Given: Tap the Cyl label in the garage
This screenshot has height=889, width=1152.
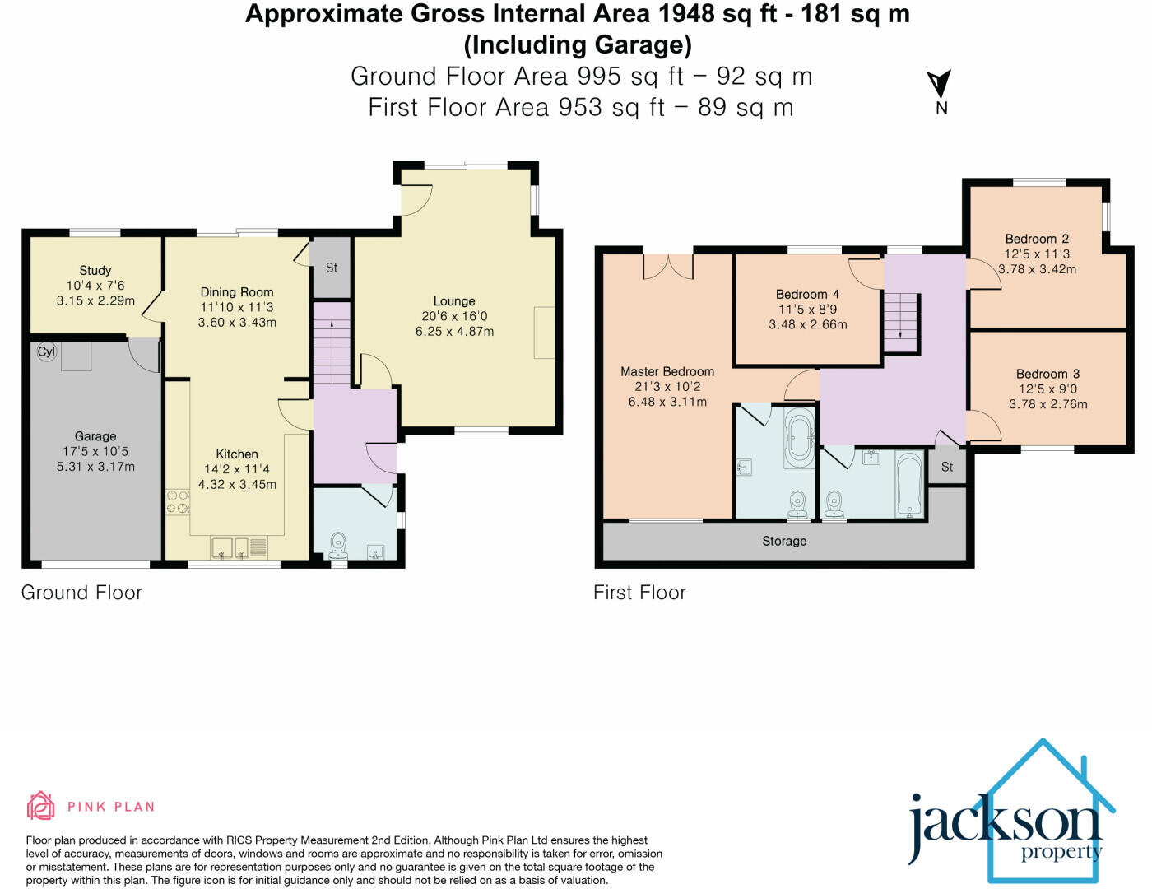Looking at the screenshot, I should pos(46,351).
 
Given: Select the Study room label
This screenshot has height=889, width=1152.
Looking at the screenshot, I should pos(95,270).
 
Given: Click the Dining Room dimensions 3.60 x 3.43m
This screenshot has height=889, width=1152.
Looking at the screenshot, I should pos(237,322).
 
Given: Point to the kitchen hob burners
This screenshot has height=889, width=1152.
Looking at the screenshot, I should pos(178,502).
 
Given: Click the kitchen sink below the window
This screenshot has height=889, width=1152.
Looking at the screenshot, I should pos(230,547).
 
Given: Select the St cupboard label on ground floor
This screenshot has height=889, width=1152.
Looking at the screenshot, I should pos(332,268).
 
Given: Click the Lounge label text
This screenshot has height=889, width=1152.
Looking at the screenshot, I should pos(454,301).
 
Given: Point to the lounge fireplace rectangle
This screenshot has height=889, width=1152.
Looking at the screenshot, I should pos(544,332).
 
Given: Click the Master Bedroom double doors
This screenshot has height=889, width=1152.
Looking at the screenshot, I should pos(668,265).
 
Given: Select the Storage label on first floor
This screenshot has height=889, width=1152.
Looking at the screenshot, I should pos(784,541).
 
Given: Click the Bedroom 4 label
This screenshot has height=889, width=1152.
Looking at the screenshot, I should pos(807,294).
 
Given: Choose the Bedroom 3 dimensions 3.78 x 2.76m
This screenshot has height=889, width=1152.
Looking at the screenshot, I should pos(1048,404).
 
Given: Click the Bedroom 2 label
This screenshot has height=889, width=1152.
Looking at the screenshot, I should pos(1037,239).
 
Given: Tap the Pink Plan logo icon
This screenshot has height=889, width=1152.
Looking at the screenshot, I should pos(40,806).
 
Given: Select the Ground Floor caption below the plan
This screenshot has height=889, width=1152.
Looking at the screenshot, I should pos(81,593).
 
